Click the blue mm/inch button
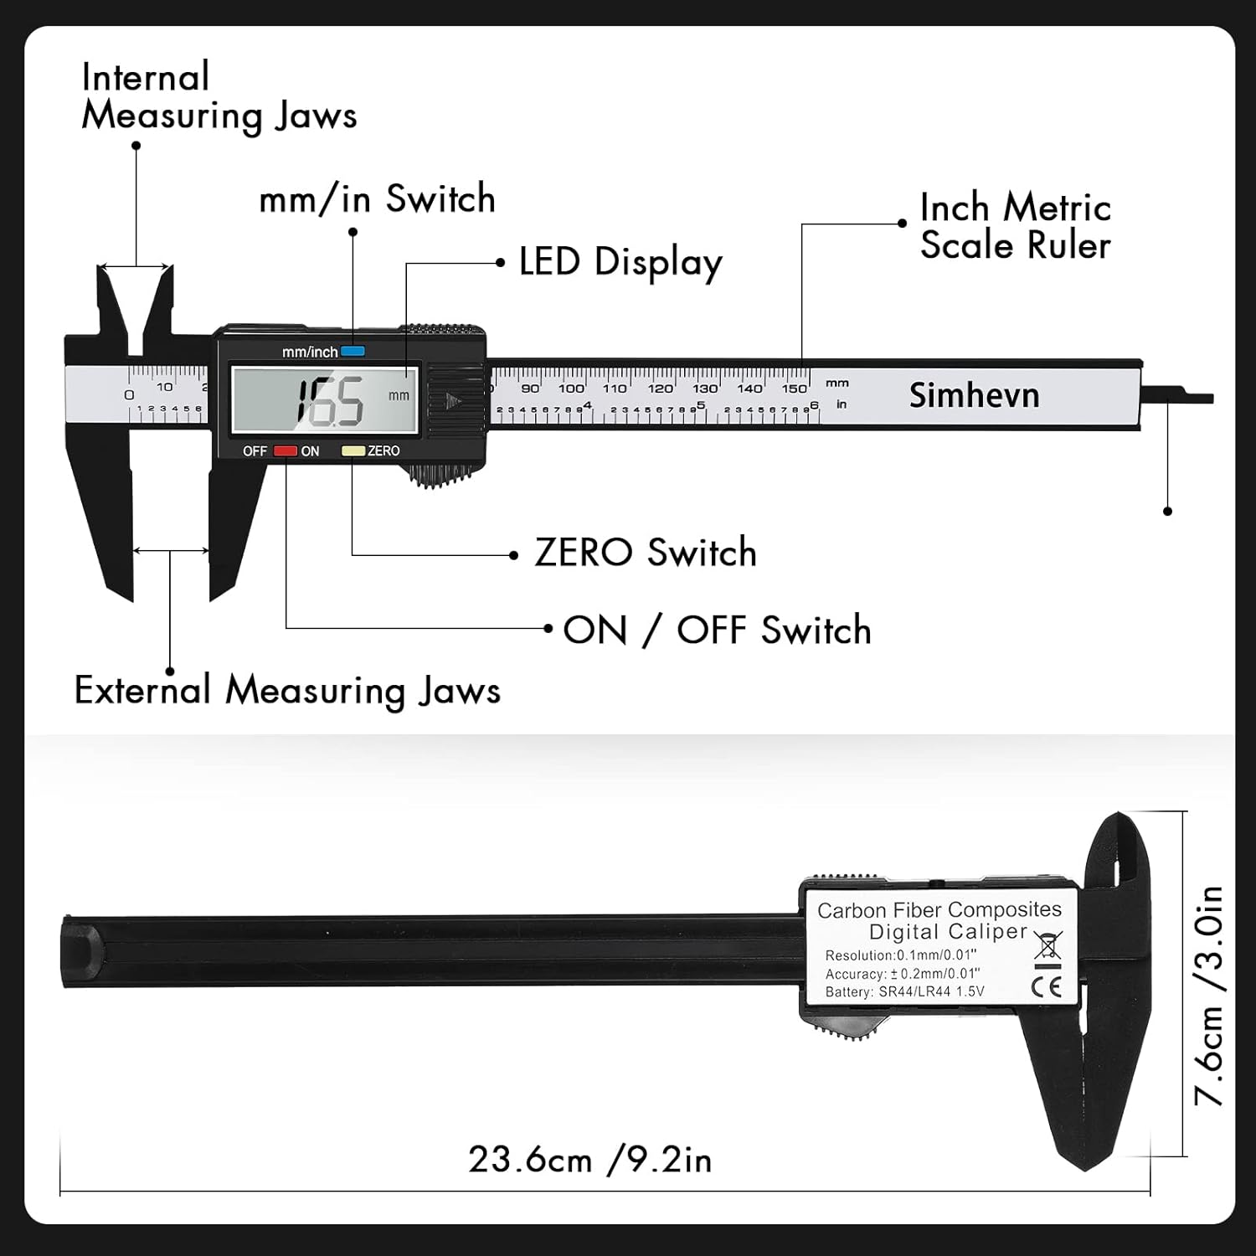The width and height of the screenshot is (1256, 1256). (353, 352)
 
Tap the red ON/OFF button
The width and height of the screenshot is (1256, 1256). (286, 451)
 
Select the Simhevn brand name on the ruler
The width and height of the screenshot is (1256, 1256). (974, 395)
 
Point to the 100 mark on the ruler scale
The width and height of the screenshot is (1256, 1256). (571, 389)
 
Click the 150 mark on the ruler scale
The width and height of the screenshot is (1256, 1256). (794, 389)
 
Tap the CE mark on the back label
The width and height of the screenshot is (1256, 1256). (1047, 986)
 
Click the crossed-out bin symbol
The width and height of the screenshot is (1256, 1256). (1048, 945)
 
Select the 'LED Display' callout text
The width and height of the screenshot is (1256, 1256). (620, 263)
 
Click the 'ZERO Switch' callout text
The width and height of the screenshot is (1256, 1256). (645, 553)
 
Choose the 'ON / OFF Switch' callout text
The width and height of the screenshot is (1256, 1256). (717, 631)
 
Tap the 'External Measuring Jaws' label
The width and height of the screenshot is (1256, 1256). (287, 691)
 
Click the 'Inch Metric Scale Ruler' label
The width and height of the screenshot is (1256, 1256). (1015, 227)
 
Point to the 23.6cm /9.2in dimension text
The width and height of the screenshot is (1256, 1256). (589, 1161)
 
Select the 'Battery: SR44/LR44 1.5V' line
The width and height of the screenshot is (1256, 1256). (904, 992)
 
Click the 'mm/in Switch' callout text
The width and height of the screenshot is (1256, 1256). (377, 199)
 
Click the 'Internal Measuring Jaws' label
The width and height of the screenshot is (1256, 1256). (219, 96)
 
